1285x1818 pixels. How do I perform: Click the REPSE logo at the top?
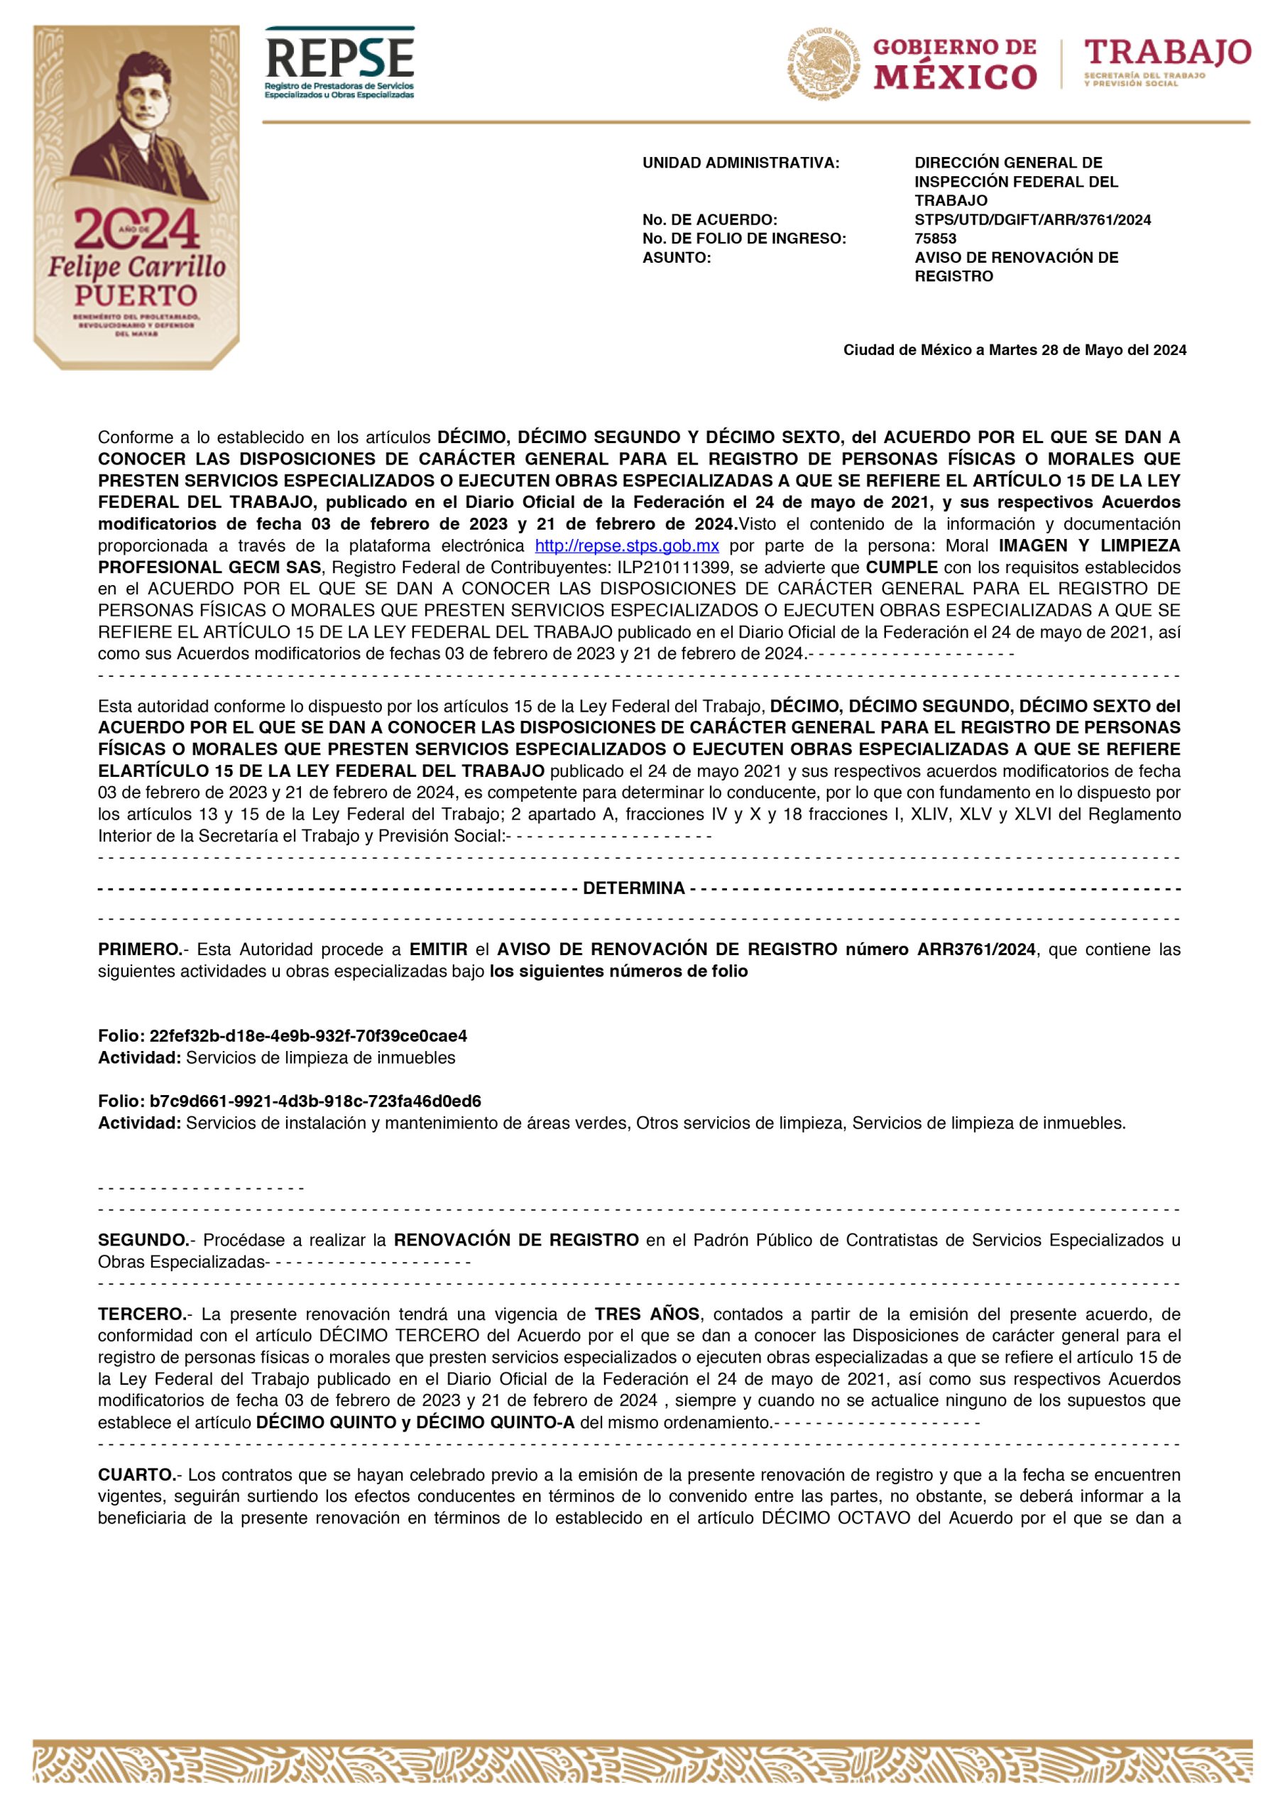coord(339,62)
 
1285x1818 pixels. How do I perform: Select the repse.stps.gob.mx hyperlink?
coord(627,545)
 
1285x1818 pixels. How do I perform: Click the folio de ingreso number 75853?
coord(935,239)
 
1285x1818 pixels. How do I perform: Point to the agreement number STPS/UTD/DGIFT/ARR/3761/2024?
coord(1032,219)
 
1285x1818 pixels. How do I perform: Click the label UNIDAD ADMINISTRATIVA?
coord(740,163)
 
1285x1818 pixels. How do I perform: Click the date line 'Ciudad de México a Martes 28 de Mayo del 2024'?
coord(1015,350)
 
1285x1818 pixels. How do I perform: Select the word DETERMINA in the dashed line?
coord(633,888)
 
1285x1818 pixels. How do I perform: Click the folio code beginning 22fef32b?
coord(308,1035)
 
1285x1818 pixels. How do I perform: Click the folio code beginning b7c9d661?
coord(315,1101)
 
